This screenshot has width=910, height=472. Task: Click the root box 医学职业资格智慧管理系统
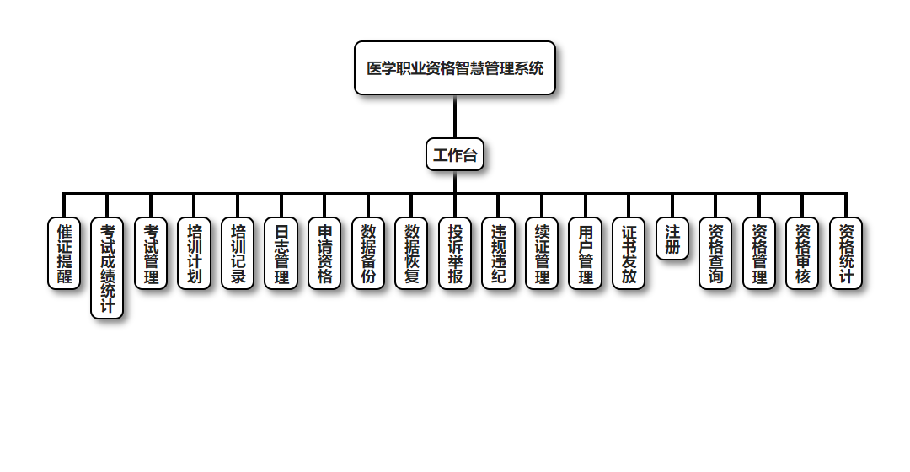pos(455,68)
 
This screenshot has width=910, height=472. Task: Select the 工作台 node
pos(455,154)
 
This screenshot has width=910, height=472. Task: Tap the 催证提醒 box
pos(64,254)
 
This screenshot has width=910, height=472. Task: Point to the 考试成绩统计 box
pos(107,268)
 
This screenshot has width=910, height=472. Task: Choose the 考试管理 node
pos(151,254)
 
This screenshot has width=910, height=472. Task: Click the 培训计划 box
pos(195,254)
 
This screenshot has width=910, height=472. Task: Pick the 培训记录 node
pos(238,254)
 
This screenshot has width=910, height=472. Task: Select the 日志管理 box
pos(281,254)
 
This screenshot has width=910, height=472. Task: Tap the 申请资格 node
pos(324,254)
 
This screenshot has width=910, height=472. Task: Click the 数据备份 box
pos(368,254)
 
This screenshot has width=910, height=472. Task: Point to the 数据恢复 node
pos(411,254)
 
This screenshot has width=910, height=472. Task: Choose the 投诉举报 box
pos(455,254)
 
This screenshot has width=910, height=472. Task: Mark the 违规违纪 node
pos(498,254)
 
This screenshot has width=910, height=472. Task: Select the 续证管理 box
pos(542,254)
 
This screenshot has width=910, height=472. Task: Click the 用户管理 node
pos(585,254)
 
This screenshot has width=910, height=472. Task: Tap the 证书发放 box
pos(629,254)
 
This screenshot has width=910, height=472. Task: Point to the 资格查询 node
pos(715,254)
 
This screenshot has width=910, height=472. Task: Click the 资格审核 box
pos(802,254)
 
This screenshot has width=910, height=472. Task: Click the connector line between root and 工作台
pos(455,116)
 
